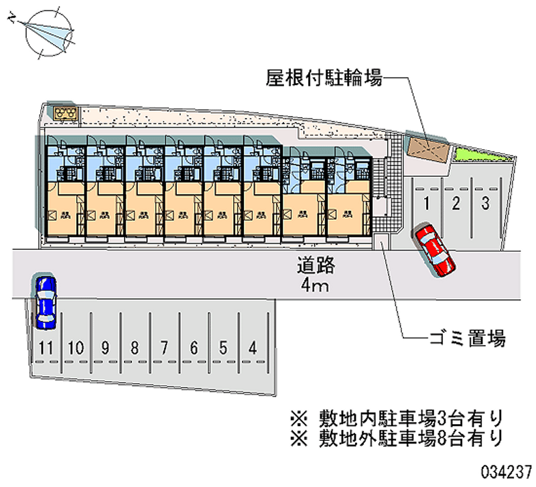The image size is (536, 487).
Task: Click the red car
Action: [x=434, y=249]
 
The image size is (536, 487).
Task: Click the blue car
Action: [x=46, y=302]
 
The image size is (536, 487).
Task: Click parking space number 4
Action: [x=253, y=348]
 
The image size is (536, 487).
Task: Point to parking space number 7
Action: [x=164, y=348]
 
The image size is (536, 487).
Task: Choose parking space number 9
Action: [x=105, y=348]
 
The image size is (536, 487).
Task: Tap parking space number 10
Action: [x=76, y=348]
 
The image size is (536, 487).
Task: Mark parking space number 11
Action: [x=46, y=348]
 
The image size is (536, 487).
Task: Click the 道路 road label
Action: [x=316, y=265]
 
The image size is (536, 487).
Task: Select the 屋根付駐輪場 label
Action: [x=324, y=80]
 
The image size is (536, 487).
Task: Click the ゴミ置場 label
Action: [x=467, y=338]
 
